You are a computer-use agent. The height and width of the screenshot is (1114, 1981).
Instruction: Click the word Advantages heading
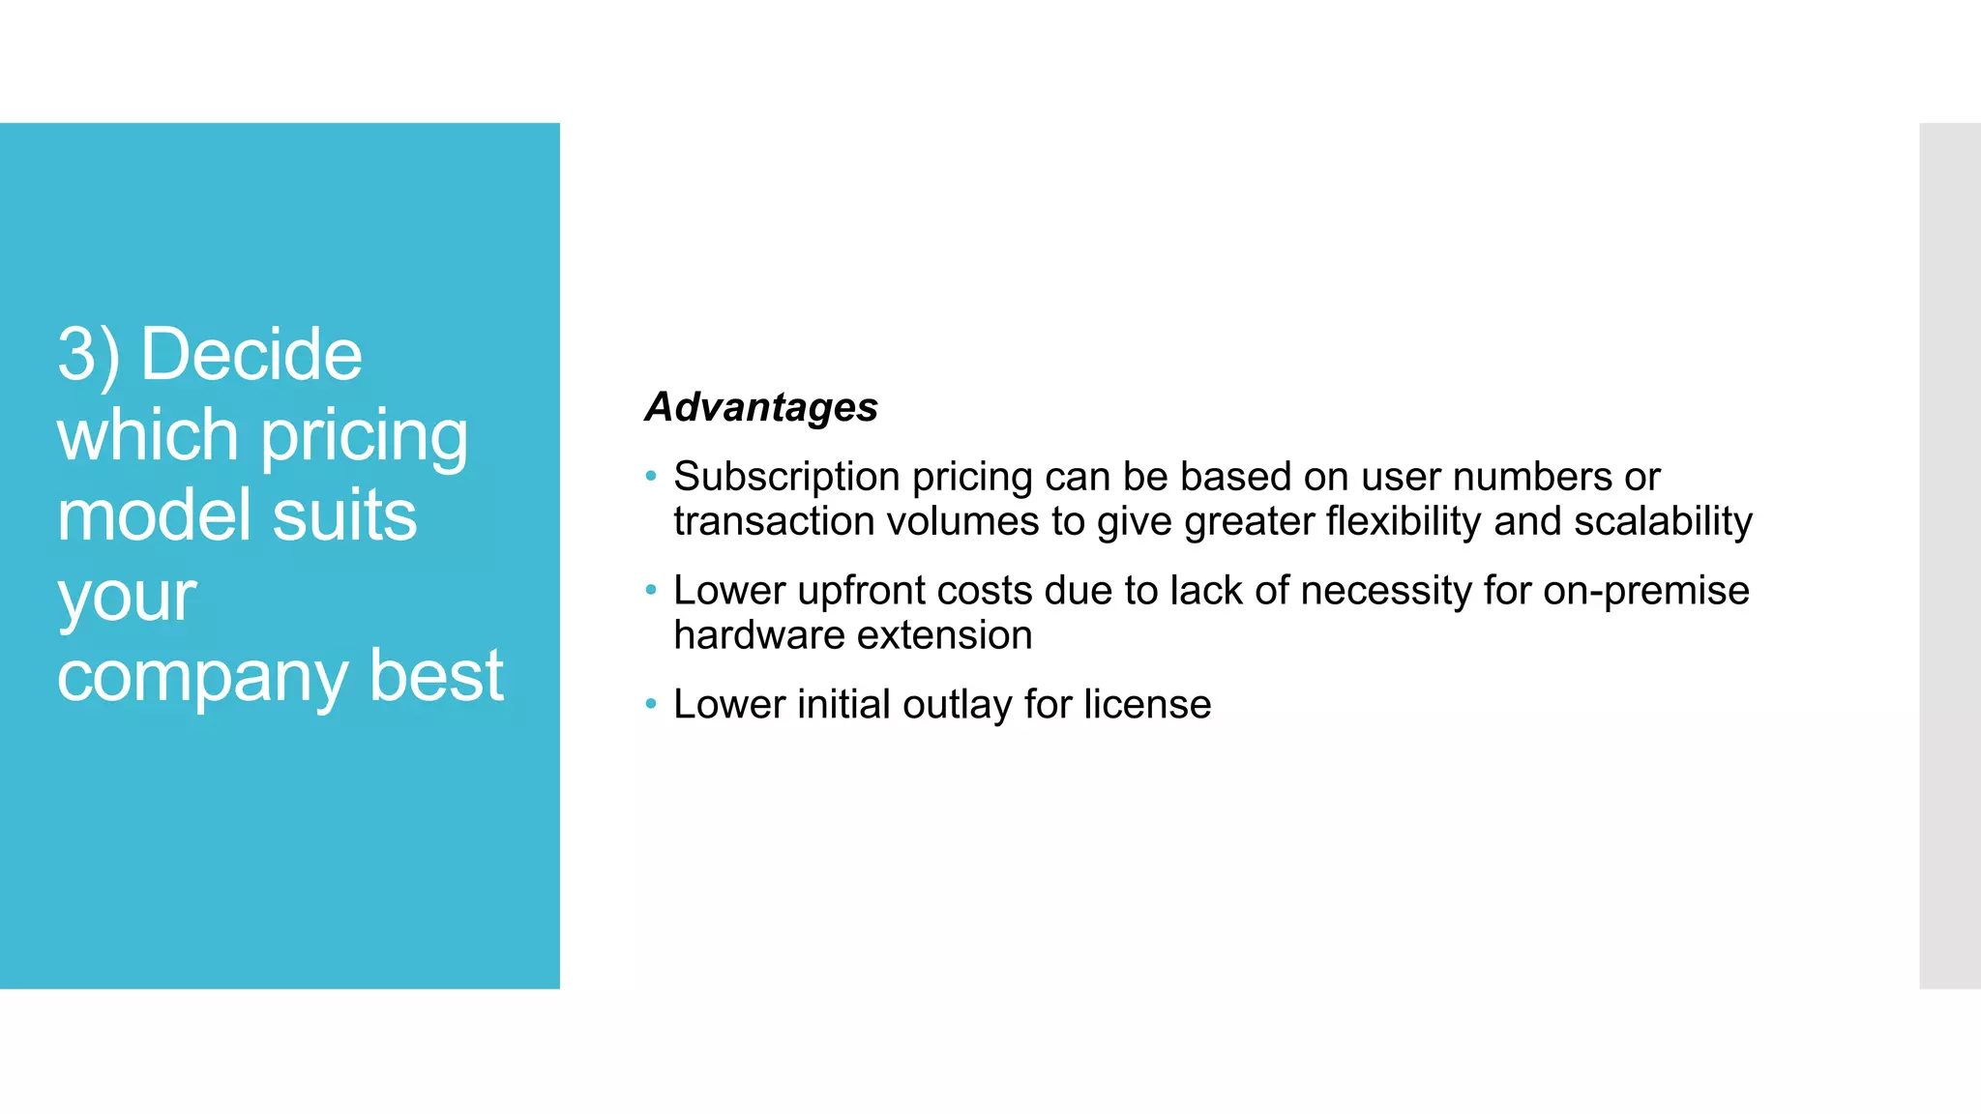coord(761,407)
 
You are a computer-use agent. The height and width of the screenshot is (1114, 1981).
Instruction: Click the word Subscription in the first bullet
coord(786,477)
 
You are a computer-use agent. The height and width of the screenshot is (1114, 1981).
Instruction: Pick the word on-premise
coord(1646,591)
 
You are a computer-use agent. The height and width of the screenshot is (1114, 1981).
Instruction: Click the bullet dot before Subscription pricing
coord(651,476)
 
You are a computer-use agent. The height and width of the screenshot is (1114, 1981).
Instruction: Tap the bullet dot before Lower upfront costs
coord(651,590)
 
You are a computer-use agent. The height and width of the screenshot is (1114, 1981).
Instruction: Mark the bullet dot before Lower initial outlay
coord(651,703)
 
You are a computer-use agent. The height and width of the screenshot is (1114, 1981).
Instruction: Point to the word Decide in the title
coord(251,355)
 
